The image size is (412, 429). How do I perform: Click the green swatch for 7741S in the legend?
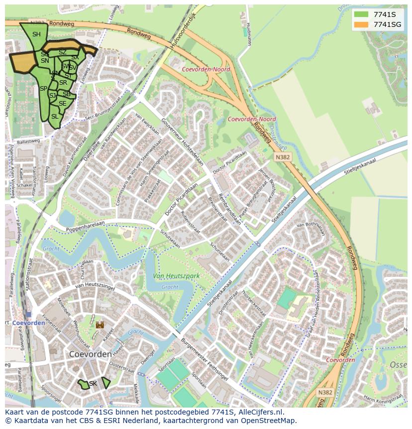pyautogui.click(x=361, y=14)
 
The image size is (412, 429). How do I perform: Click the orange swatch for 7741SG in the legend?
pyautogui.click(x=361, y=24)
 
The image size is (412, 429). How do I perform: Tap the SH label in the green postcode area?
pyautogui.click(x=36, y=34)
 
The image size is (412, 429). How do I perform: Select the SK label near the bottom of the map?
pyautogui.click(x=93, y=384)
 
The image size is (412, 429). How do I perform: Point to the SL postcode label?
pyautogui.click(x=55, y=117)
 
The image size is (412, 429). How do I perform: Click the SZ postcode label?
pyautogui.click(x=63, y=52)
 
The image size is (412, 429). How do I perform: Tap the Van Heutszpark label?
pyautogui.click(x=176, y=276)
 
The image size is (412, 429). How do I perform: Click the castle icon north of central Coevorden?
pyautogui.click(x=100, y=324)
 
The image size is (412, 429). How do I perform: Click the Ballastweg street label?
pyautogui.click(x=28, y=142)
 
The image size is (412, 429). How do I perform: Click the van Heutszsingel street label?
pyautogui.click(x=95, y=286)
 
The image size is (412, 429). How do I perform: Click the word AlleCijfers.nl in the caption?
pyautogui.click(x=261, y=412)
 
